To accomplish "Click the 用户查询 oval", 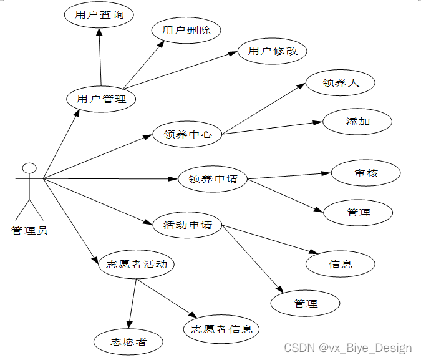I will point(99,16).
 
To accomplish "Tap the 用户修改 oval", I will point(273,51).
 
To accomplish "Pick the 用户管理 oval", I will point(101,99).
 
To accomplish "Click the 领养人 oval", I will point(341,82).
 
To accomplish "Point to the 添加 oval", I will point(357,122).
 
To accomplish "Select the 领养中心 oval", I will point(187,134).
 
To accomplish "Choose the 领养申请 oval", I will point(213,179).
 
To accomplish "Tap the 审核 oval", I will point(366,173).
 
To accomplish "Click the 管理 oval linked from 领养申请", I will point(359,213).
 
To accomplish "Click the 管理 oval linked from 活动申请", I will point(305,304).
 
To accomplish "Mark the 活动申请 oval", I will point(187,225).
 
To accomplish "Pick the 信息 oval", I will point(340,264).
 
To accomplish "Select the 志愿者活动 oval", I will point(137,264).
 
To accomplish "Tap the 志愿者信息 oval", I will point(221,329).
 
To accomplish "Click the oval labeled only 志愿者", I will point(128,342).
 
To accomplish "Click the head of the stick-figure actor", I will point(29,168).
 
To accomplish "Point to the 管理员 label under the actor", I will point(29,231).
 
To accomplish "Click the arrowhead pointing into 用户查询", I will point(98,33).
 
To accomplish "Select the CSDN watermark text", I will point(347,348).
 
